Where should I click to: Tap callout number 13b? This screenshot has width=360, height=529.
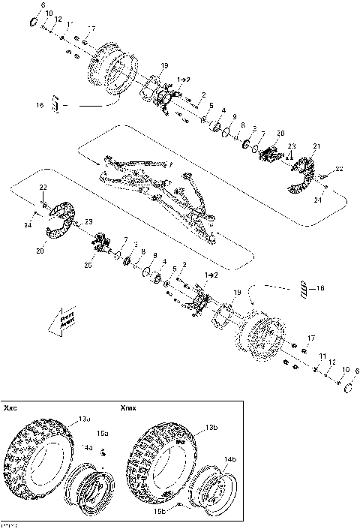click(x=191, y=427)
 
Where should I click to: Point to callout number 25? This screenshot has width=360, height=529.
click(x=89, y=266)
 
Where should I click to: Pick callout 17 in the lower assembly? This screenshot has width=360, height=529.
click(x=312, y=338)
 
